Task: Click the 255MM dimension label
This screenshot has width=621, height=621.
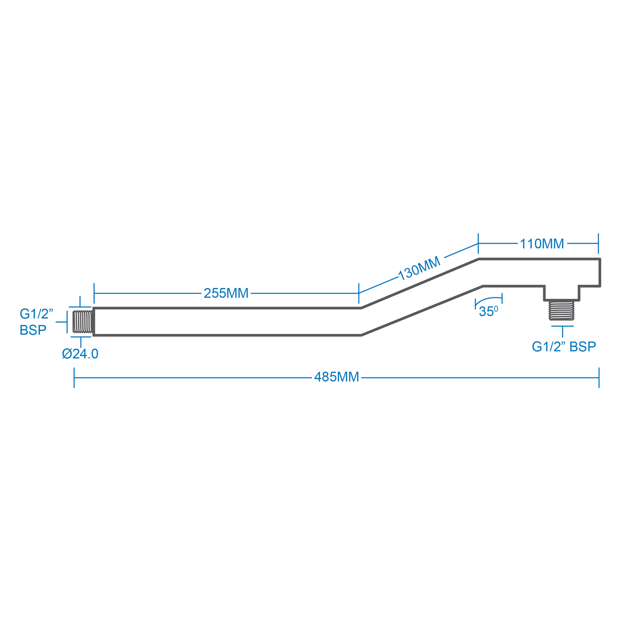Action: click(226, 293)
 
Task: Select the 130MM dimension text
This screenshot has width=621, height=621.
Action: click(419, 268)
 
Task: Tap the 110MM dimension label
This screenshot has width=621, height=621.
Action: click(541, 244)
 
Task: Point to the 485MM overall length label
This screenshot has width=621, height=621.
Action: click(337, 377)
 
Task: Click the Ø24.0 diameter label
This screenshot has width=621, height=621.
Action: click(80, 354)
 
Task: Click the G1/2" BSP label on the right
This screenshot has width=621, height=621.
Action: click(564, 346)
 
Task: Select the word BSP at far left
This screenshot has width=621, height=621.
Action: click(33, 330)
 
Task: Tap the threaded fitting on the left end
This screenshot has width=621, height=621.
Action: click(83, 321)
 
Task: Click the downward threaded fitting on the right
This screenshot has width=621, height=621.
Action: click(562, 310)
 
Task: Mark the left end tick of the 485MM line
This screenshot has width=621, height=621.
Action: click(74, 377)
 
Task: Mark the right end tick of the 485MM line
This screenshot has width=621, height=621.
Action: click(599, 377)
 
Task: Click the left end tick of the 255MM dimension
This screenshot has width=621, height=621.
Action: click(94, 293)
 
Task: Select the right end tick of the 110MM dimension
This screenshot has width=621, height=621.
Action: click(598, 244)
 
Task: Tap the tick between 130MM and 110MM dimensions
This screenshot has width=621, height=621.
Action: click(478, 244)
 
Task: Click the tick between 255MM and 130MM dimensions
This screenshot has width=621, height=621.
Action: click(359, 293)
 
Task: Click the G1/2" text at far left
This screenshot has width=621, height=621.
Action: click(37, 314)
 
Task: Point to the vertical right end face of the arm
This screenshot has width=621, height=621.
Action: click(600, 272)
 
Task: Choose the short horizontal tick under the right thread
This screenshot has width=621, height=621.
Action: click(562, 326)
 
